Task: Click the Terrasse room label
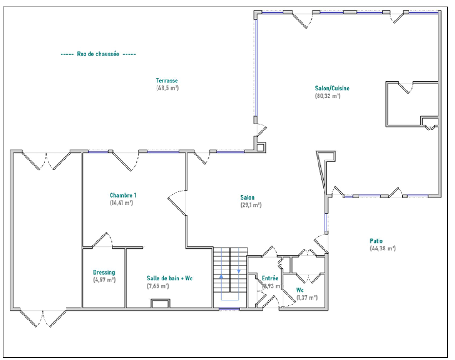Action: click(167, 80)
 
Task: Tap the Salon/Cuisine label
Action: click(332, 88)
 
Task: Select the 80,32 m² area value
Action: click(328, 96)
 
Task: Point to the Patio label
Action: click(376, 241)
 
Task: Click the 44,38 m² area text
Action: click(383, 249)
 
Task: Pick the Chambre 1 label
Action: click(123, 195)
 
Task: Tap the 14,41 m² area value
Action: click(121, 203)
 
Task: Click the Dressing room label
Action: click(104, 272)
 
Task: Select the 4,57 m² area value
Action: click(104, 280)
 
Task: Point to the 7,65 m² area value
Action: click(158, 286)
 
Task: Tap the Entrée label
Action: click(270, 278)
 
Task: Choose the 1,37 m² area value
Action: click(307, 297)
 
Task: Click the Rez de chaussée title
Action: click(98, 54)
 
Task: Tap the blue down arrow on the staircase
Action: click(239, 271)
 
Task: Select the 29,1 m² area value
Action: click(251, 205)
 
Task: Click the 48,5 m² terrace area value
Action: click(167, 88)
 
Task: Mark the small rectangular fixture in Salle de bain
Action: click(160, 304)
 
